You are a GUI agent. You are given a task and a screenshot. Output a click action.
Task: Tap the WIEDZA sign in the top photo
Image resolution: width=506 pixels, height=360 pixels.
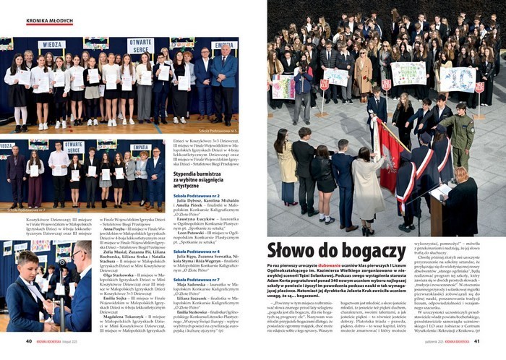click(51, 45)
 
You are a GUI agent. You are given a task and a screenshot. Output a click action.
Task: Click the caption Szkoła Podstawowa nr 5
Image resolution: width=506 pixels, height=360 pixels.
click(218, 131)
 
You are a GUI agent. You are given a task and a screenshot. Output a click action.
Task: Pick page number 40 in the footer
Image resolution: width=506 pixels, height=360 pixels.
click(29, 341)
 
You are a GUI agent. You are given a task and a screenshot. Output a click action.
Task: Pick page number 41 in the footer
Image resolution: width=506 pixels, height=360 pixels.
click(477, 341)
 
